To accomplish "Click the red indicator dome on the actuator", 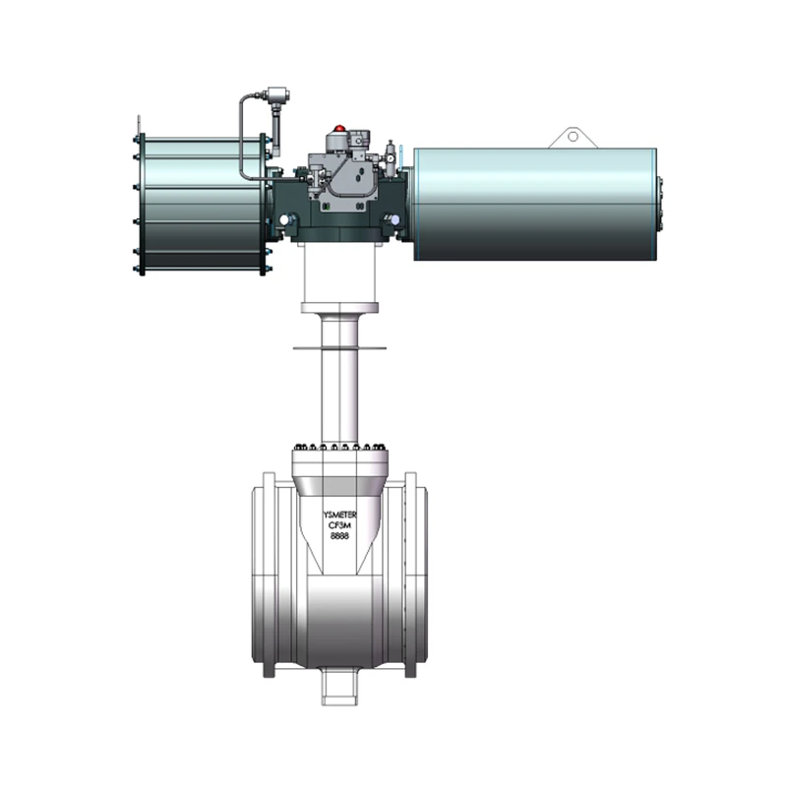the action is pos(339,128).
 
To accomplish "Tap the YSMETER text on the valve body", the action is pos(339,515).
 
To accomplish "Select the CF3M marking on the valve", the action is pos(339,525).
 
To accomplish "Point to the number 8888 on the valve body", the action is pos(339,536).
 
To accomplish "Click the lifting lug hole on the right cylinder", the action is pos(574,136).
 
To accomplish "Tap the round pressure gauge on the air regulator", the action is pos(390,158).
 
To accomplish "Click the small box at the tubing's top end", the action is pos(276,94).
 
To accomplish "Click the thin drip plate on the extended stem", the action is pos(339,347).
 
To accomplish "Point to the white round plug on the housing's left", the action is pos(285,219).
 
